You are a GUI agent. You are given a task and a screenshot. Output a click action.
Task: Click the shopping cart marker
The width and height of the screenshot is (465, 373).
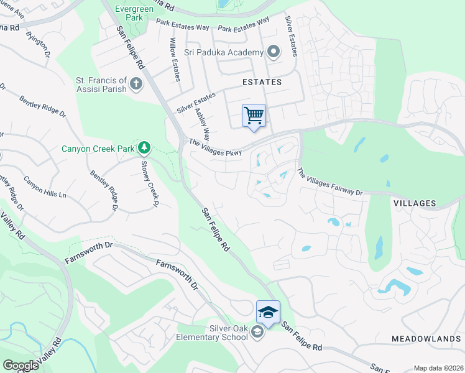click(254, 116)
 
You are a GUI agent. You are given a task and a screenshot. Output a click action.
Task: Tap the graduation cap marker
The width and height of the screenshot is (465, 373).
click(268, 312)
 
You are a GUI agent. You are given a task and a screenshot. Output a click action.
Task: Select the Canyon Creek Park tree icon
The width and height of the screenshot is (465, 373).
click(144, 147)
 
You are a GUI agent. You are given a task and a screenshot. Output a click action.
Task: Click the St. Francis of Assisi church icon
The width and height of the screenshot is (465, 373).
click(136, 83)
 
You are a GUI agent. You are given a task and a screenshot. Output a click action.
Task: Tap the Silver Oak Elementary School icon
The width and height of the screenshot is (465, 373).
click(257, 333)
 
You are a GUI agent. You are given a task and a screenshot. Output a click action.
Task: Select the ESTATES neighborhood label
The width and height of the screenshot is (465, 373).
click(262, 82)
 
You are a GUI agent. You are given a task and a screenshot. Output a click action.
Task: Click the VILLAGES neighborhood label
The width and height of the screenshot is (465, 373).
click(415, 203)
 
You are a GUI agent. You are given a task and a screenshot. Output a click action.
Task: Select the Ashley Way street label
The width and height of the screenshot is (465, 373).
click(203, 125)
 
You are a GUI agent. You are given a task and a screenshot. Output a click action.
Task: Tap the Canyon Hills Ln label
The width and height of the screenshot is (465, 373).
click(45, 186)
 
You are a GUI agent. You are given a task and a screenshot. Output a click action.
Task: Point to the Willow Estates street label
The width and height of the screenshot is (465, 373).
click(175, 59)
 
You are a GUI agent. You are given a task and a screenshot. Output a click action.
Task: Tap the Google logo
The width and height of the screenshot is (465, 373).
click(21, 366)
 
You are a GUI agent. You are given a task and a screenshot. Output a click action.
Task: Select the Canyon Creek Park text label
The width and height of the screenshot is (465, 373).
click(98, 149)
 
